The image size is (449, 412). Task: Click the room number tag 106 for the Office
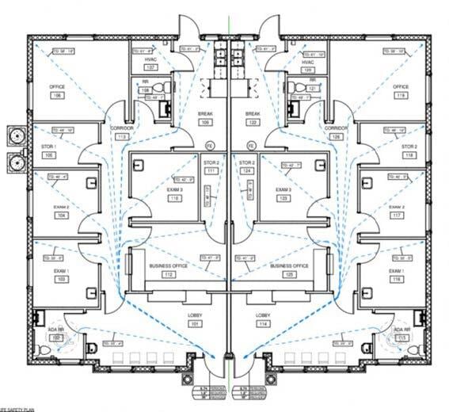(x=56, y=95)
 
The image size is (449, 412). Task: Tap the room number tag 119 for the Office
(x=401, y=95)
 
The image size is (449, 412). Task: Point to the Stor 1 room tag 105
(x=48, y=155)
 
